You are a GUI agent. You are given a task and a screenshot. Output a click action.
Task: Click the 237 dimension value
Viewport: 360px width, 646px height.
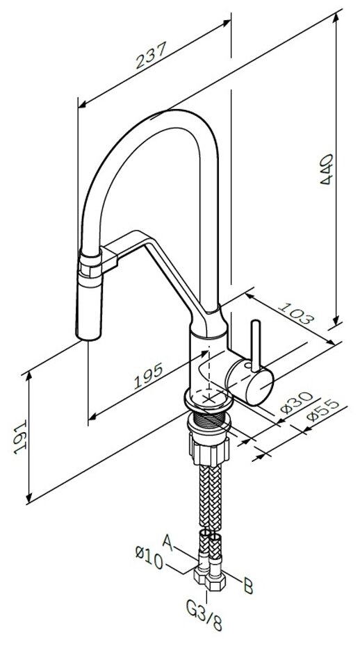(x=151, y=55)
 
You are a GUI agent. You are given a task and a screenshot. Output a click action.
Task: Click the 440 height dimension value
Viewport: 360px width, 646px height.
(x=327, y=169)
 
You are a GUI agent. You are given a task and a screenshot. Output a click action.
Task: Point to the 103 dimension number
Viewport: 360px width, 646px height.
(x=296, y=313)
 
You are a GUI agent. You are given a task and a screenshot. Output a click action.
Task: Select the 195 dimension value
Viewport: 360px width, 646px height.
(x=149, y=376)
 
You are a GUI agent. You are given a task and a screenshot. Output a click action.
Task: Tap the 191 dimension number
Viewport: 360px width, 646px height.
(x=20, y=437)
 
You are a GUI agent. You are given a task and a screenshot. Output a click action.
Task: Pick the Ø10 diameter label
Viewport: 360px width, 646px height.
(x=149, y=557)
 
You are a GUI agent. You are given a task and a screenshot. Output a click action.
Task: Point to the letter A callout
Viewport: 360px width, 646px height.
(x=167, y=541)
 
